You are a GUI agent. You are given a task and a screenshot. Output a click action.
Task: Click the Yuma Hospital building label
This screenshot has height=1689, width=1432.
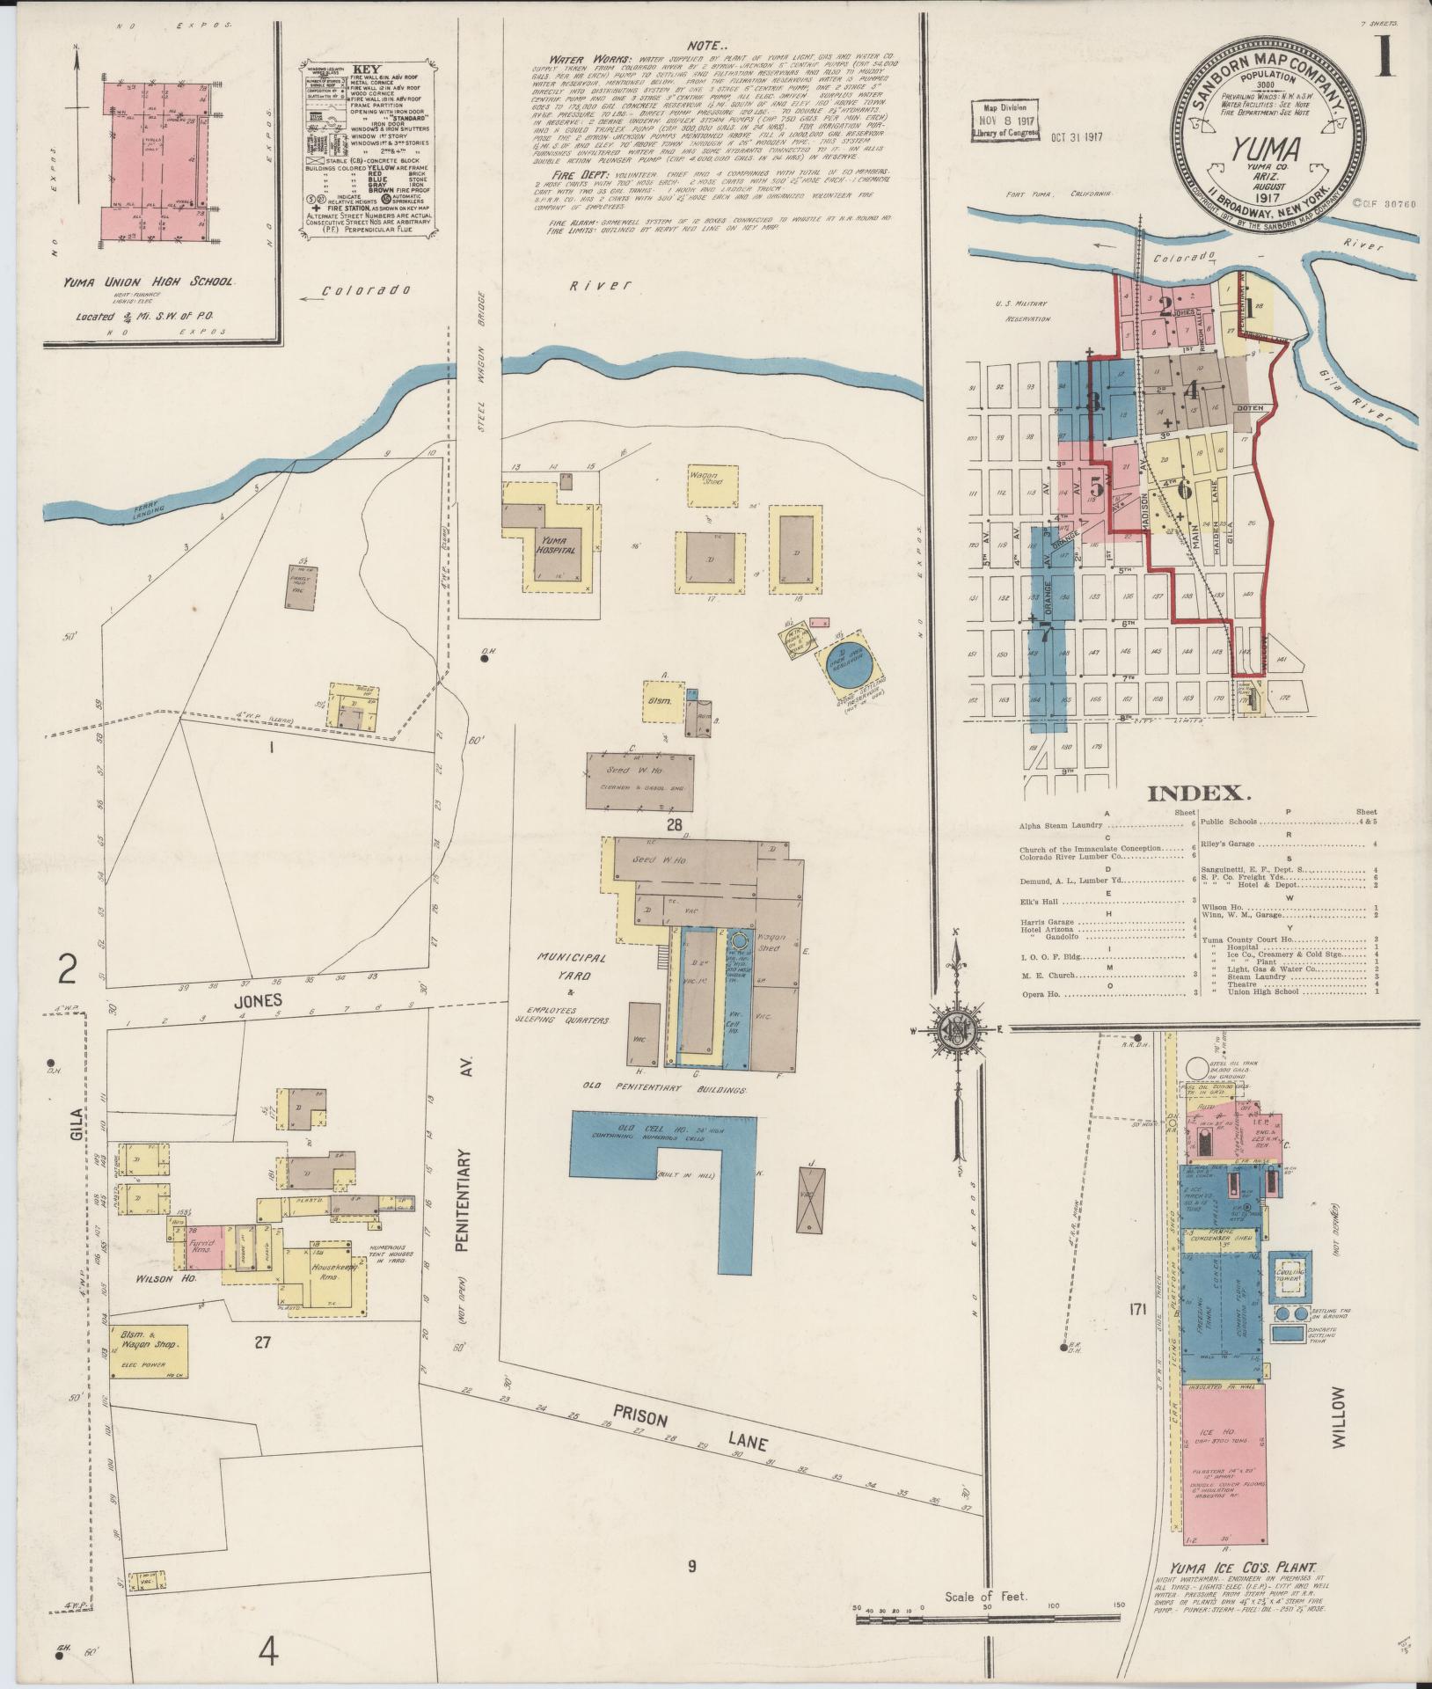(559, 545)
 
